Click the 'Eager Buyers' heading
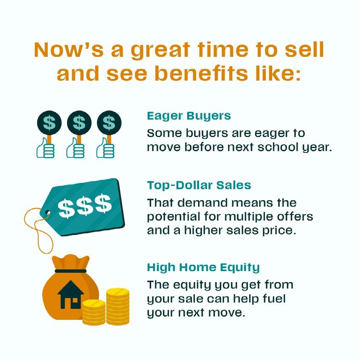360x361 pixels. [189, 116]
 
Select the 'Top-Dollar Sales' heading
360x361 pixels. [199, 185]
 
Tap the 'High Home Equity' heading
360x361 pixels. [203, 268]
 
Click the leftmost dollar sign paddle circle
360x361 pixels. [49, 123]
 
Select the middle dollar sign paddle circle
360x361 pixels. [79, 123]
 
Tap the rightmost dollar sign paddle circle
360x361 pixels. [109, 123]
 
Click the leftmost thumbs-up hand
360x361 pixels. [45, 148]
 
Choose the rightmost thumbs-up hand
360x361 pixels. [105, 148]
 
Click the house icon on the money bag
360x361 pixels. [70, 294]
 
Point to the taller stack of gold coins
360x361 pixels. [118, 307]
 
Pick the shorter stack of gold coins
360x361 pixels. [94, 312]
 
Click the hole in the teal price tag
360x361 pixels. [48, 212]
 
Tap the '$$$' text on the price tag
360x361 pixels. [85, 206]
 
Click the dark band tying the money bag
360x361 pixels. [70, 271]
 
